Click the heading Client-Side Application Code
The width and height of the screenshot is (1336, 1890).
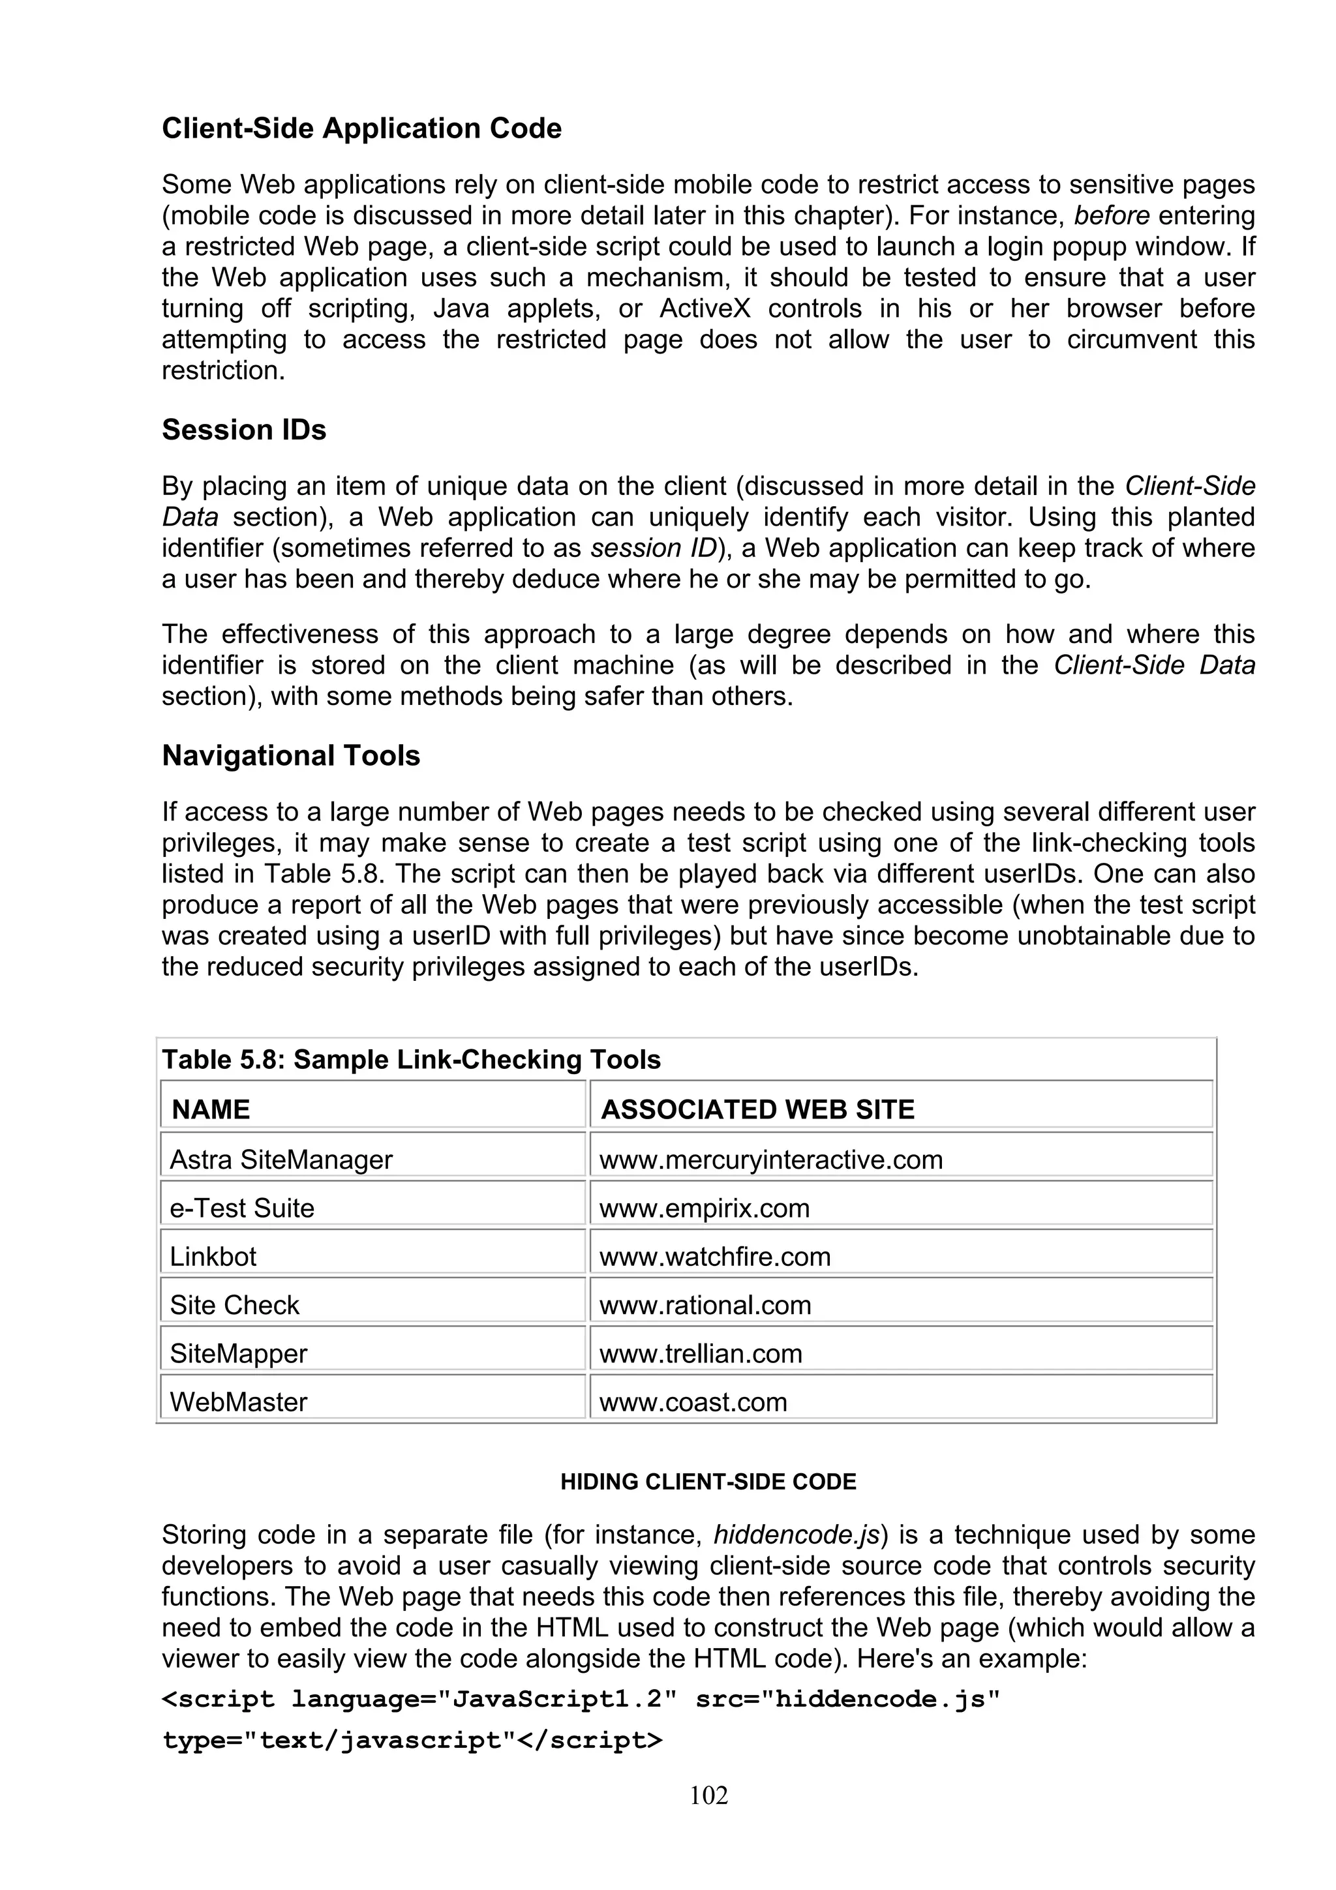(361, 128)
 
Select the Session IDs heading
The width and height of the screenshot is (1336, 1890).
(244, 430)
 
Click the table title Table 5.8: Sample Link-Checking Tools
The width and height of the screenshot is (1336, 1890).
(411, 1059)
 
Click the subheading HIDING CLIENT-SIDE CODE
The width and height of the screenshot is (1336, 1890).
(708, 1482)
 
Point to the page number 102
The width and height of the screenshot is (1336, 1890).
(708, 1795)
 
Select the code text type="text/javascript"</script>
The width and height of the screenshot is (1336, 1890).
(412, 1740)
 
